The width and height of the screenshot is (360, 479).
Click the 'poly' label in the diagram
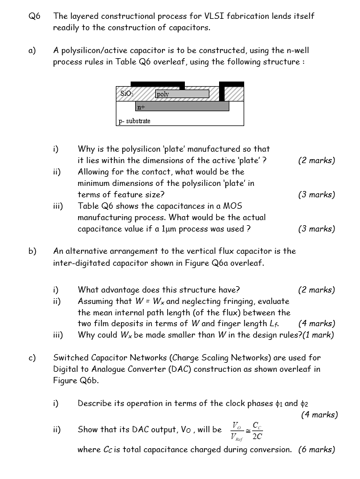(162, 94)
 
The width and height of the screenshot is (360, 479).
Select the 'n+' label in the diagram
(140, 107)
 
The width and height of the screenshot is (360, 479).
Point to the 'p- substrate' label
(135, 121)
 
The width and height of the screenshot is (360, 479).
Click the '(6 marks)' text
(317, 449)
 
